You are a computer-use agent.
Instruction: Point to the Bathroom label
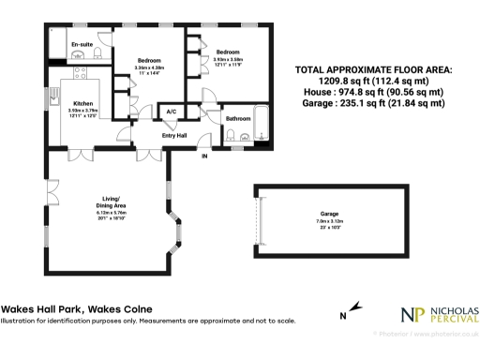coord(237,118)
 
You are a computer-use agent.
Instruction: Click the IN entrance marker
coord(205,156)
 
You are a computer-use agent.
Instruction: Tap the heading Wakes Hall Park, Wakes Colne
coord(77,309)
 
